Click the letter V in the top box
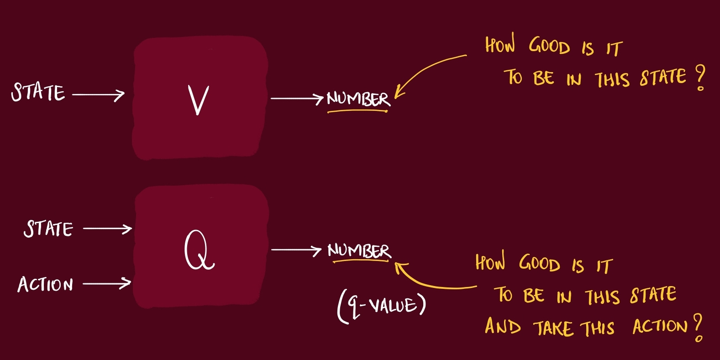[x=198, y=100]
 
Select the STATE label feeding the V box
[x=38, y=92]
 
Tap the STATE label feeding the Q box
[x=48, y=229]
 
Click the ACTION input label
[x=45, y=285]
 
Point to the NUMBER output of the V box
[x=358, y=99]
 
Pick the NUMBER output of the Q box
[x=359, y=250]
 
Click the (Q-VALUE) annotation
[x=382, y=307]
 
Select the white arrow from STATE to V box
[x=98, y=95]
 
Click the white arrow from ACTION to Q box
[x=107, y=284]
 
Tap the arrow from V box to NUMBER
[x=297, y=98]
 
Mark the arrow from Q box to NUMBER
[x=296, y=250]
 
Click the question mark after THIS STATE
[x=700, y=78]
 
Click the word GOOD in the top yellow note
[x=549, y=47]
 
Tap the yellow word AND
[x=503, y=327]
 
